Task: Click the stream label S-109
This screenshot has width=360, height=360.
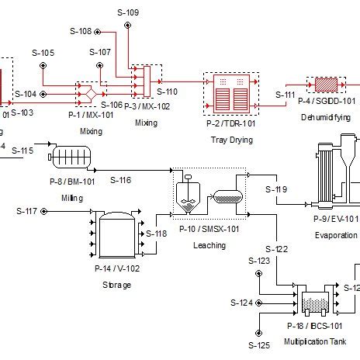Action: (x=128, y=12)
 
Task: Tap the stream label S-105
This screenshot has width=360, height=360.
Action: (x=43, y=53)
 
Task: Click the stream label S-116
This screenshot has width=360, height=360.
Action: (x=120, y=180)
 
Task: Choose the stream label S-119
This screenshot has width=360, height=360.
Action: (x=276, y=189)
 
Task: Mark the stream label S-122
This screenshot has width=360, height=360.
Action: (x=277, y=249)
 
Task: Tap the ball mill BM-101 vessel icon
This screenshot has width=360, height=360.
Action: (x=70, y=159)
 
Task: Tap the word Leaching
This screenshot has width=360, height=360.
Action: (x=210, y=245)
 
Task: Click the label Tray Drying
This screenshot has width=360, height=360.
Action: (x=230, y=140)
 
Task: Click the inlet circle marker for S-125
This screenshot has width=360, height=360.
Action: (x=260, y=330)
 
